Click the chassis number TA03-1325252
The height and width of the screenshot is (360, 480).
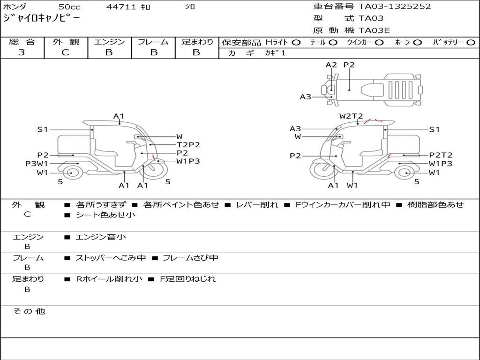pyautogui.click(x=395, y=7)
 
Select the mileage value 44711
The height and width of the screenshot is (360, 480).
pyautogui.click(x=121, y=7)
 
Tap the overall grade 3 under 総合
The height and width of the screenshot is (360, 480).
pyautogui.click(x=22, y=52)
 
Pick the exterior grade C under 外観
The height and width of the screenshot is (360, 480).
pyautogui.click(x=65, y=52)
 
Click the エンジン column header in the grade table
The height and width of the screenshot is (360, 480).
pyautogui.click(x=109, y=42)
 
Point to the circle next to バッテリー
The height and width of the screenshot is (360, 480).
pyautogui.click(x=471, y=43)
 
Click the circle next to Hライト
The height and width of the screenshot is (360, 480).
pyautogui.click(x=296, y=43)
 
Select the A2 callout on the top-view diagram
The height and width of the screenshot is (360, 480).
pyautogui.click(x=331, y=65)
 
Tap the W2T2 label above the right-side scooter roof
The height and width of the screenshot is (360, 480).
pyautogui.click(x=351, y=116)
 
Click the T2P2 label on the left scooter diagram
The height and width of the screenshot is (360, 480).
pyautogui.click(x=188, y=145)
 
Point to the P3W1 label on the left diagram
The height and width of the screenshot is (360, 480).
pyautogui.click(x=37, y=164)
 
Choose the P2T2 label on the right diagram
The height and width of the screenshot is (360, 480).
pyautogui.click(x=441, y=155)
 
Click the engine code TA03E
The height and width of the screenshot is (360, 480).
pyautogui.click(x=374, y=30)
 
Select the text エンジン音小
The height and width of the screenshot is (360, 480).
pyautogui.click(x=101, y=237)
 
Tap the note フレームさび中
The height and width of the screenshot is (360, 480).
pyautogui.click(x=190, y=258)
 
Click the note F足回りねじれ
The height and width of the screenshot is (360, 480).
pyautogui.click(x=188, y=279)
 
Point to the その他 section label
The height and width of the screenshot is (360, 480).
pyautogui.click(x=29, y=311)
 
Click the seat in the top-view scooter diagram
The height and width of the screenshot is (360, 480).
pyautogui.click(x=372, y=90)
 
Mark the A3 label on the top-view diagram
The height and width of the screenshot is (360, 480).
pyautogui.click(x=305, y=97)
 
